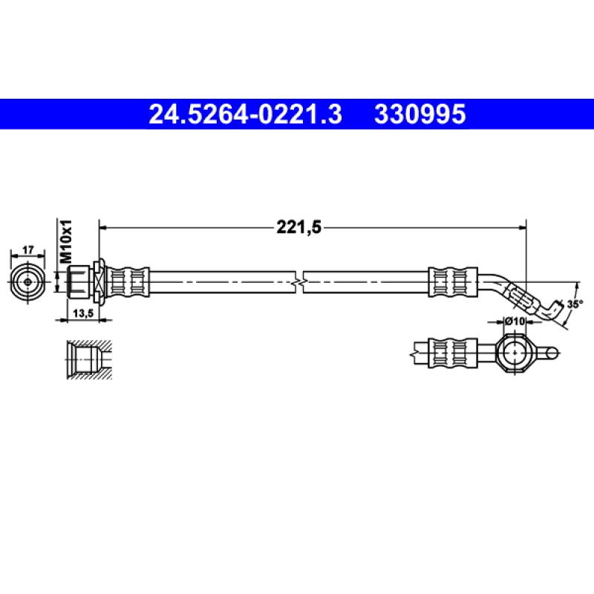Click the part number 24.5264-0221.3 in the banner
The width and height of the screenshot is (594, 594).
tap(246, 114)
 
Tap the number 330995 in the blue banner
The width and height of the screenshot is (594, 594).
tap(420, 114)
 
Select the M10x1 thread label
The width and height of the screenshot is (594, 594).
tap(65, 239)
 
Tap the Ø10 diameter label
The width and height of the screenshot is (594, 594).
tap(515, 321)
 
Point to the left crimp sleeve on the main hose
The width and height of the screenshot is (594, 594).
tap(128, 281)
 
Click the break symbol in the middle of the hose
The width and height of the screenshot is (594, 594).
tap(299, 281)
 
